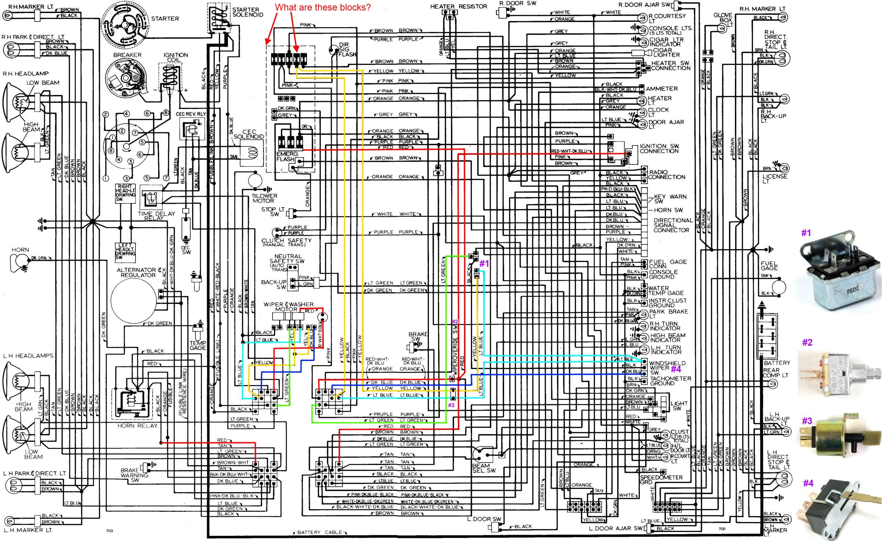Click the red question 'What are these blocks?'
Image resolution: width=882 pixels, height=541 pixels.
pos(322,8)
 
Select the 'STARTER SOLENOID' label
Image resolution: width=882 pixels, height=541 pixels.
pos(247,12)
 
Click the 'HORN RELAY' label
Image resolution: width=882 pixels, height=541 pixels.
pos(137,426)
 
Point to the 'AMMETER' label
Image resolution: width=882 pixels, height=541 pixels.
pos(662,89)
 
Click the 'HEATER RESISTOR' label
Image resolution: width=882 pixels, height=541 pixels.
pos(458,6)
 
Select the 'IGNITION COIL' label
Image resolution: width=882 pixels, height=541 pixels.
pos(175,57)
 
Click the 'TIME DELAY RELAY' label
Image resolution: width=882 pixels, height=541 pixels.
pos(156,215)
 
